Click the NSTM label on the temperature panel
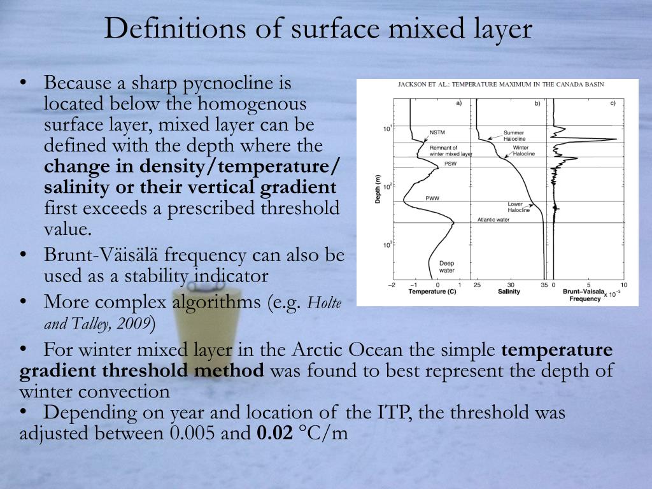pos(437,132)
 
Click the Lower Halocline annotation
pos(518,207)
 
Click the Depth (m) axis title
pos(378,190)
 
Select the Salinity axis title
pos(509,292)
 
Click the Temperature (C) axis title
pos(432,292)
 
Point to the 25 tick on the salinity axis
pos(478,285)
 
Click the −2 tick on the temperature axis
pos(392,285)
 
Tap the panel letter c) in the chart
pos(613,103)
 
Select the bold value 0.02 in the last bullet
pos(275,434)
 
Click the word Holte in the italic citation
pos(325,302)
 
